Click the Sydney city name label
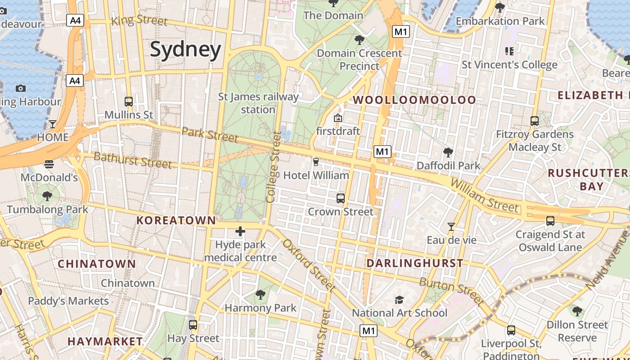point(185,49)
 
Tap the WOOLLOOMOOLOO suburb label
point(414,100)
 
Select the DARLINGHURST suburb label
point(414,263)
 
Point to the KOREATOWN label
point(176,220)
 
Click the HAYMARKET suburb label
point(105,342)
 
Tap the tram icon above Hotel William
point(316,162)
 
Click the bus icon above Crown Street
point(341,198)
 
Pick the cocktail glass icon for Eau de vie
point(451,227)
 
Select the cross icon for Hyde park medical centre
point(240,232)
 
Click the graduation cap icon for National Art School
point(399,300)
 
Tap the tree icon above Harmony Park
point(260,295)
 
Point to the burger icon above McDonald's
point(49,164)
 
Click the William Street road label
point(484,196)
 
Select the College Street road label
point(273,166)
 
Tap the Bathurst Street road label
point(133,160)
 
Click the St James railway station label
point(258,103)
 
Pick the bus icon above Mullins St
point(129,102)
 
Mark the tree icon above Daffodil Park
point(448,152)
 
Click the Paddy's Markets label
point(68,301)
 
